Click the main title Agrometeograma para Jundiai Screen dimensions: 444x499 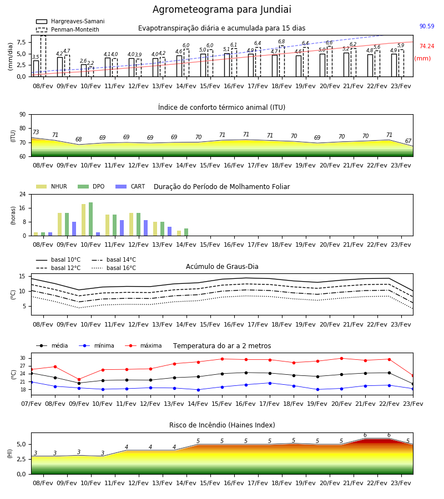click(x=221, y=9)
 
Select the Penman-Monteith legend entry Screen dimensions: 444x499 click(x=68, y=29)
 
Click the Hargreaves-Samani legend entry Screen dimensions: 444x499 click(x=70, y=21)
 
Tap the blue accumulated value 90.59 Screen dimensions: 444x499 click(x=427, y=26)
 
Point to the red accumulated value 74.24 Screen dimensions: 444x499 click(x=427, y=46)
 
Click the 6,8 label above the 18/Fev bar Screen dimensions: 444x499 click(x=281, y=42)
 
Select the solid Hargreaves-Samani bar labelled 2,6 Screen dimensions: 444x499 click(x=83, y=70)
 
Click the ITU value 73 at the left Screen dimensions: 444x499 click(x=36, y=132)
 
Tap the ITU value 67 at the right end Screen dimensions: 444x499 click(x=408, y=141)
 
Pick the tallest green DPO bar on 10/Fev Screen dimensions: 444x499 click(x=91, y=219)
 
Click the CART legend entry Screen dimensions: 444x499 click(x=130, y=186)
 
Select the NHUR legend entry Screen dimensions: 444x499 click(x=52, y=186)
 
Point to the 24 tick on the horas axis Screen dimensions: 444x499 click(x=23, y=194)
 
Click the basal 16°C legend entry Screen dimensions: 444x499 click(x=114, y=268)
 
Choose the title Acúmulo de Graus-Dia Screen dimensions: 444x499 click(x=222, y=266)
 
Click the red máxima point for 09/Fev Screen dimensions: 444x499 click(x=79, y=379)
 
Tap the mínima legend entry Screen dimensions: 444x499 click(x=97, y=345)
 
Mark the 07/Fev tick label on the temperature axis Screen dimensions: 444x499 click(x=31, y=404)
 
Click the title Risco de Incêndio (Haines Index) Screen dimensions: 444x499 click(x=222, y=425)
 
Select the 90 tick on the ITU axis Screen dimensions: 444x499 click(x=23, y=115)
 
